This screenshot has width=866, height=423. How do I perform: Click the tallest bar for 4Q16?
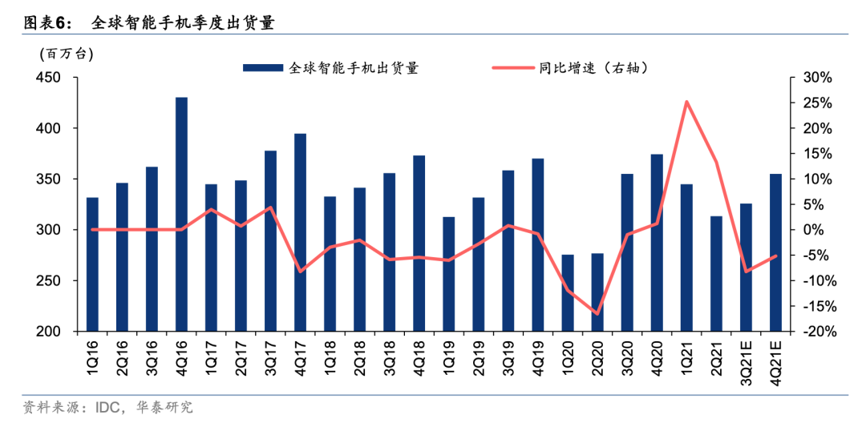click(181, 214)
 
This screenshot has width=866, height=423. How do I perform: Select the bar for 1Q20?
click(568, 292)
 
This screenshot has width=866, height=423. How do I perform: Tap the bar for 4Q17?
click(300, 232)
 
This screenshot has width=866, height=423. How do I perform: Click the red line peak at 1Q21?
click(686, 102)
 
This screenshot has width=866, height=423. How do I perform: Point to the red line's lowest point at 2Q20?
click(597, 313)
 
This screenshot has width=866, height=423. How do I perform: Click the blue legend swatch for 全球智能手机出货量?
click(264, 68)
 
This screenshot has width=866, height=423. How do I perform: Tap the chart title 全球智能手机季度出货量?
click(183, 22)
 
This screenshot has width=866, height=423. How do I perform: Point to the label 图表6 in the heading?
click(48, 22)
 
